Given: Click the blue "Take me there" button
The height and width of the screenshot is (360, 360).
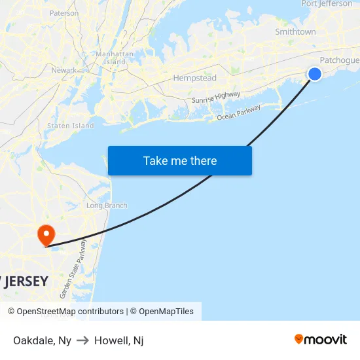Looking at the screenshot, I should point(180,160).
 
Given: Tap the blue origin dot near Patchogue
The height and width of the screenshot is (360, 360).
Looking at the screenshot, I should point(315,74).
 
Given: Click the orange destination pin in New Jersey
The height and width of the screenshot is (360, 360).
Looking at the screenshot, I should point(46,234).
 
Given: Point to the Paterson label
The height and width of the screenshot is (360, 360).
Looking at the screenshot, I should point(64,13).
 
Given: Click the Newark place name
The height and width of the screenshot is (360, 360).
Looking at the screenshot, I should point(64,70).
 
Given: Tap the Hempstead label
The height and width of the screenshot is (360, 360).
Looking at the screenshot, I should point(194,79).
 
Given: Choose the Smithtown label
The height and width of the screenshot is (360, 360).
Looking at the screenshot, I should point(295,31).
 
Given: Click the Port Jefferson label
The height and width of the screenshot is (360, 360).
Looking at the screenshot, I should point(327,4).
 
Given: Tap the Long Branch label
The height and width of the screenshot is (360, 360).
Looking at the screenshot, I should point(107,206).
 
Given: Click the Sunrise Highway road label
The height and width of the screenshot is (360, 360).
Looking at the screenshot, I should point(216,98).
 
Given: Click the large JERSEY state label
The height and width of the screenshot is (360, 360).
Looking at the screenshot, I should point(24,281).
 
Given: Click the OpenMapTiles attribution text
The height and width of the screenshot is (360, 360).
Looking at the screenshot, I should point(164,312).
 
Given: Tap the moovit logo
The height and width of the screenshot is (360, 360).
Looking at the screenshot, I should point(321,339).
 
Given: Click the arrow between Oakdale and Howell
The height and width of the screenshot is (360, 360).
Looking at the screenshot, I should point(83,340).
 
